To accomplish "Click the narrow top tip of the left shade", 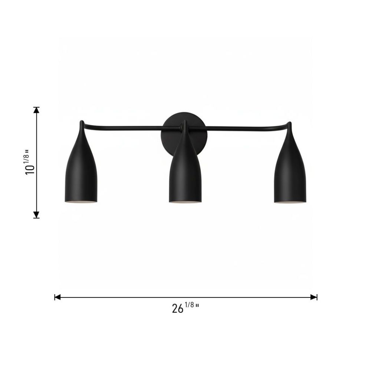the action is pyautogui.click(x=82, y=122).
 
